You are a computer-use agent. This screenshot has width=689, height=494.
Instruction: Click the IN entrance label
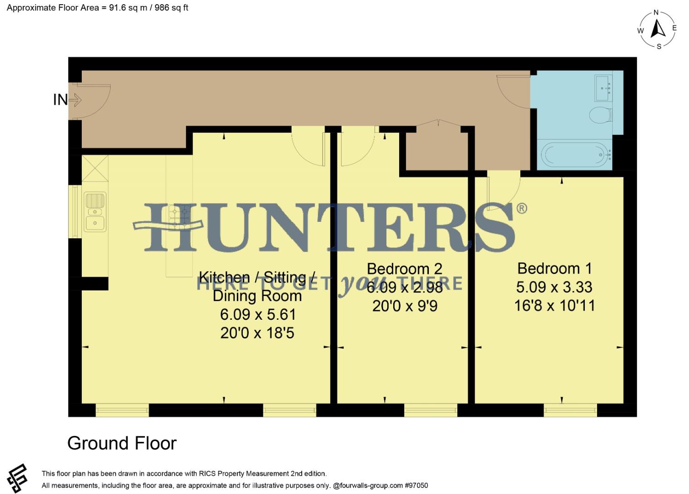click(x=60, y=100)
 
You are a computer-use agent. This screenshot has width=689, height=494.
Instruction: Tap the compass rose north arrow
click(x=658, y=29)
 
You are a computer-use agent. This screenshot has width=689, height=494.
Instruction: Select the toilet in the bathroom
click(x=600, y=115)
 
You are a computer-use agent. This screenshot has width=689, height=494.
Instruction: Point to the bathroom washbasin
click(x=603, y=88)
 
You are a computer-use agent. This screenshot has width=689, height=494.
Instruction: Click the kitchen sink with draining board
click(x=95, y=211)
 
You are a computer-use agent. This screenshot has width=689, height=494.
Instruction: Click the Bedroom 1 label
click(x=554, y=268)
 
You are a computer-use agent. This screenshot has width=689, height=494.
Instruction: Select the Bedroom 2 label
click(x=405, y=269)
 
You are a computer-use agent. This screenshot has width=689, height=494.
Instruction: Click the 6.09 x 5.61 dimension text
click(x=258, y=315)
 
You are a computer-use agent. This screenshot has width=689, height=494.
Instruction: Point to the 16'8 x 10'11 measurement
click(x=555, y=306)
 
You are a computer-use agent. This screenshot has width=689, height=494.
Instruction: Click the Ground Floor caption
click(x=122, y=443)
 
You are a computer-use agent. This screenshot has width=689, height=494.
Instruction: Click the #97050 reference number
click(x=416, y=485)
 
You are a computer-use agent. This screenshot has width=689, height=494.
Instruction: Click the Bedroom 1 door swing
click(x=503, y=190)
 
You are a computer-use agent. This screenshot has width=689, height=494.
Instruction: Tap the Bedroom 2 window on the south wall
click(x=431, y=410)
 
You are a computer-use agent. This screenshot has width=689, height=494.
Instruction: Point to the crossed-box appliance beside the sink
click(x=95, y=169)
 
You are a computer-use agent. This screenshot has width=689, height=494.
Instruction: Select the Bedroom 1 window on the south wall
click(x=570, y=410)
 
